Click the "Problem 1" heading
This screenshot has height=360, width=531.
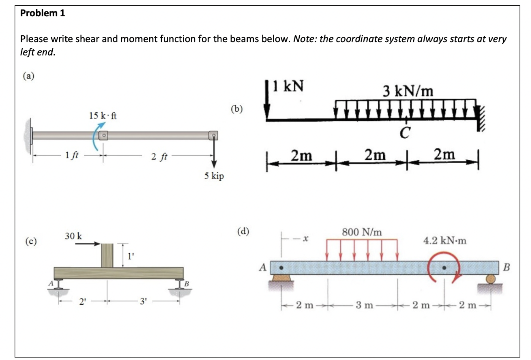point(43,13)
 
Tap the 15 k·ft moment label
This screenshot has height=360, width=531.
point(103,115)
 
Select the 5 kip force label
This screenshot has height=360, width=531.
point(214,176)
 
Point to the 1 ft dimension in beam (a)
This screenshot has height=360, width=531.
point(71,155)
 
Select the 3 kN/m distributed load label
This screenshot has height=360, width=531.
point(408,91)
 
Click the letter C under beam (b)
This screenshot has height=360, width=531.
point(405,133)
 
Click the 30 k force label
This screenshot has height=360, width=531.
point(73,236)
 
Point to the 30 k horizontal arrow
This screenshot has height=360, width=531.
point(87,244)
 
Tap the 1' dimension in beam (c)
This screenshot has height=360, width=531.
point(130,256)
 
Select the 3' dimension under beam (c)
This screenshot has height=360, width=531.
point(143,302)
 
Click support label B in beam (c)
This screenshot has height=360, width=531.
point(186,284)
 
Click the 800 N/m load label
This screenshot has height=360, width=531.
point(362,232)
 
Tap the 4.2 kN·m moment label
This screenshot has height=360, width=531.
point(445,241)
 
